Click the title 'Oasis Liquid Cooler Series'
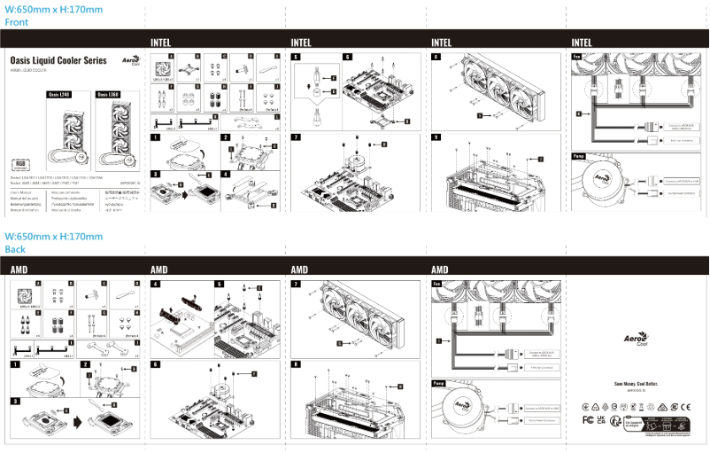[58, 60]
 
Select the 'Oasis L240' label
[59, 93]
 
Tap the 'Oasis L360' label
[108, 93]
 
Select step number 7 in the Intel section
[295, 137]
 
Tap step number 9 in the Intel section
[436, 137]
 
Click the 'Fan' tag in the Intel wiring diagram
[577, 57]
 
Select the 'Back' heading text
[15, 249]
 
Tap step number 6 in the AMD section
[155, 364]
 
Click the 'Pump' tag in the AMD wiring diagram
[438, 384]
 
